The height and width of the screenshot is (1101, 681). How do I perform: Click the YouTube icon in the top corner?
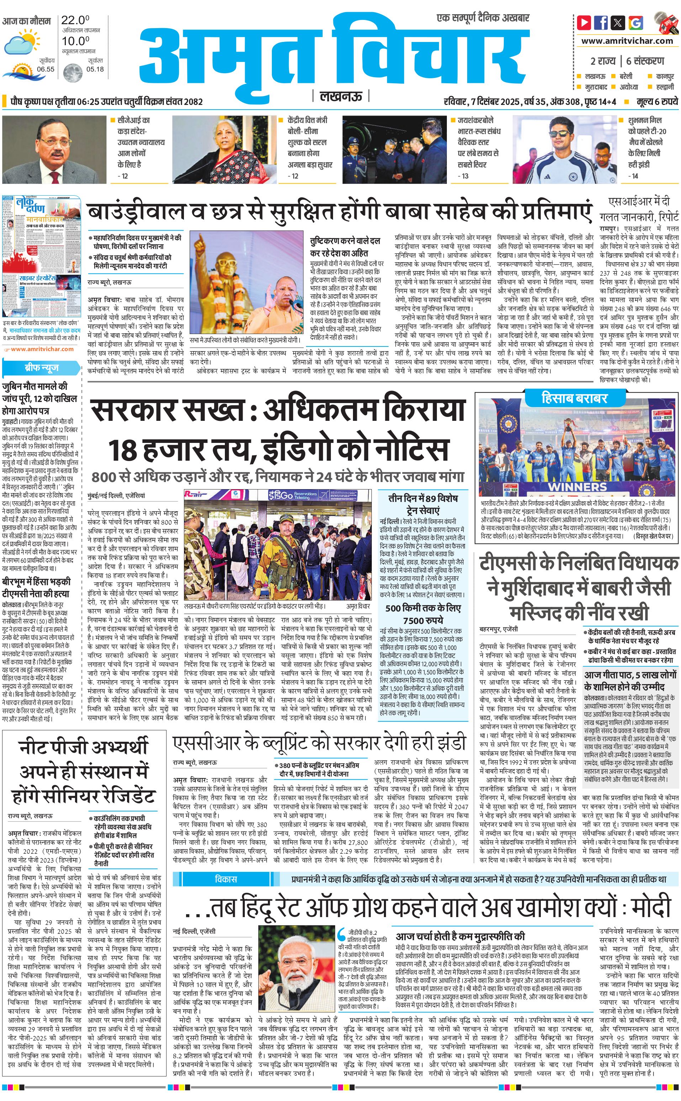584,22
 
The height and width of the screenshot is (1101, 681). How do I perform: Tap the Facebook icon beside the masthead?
601,22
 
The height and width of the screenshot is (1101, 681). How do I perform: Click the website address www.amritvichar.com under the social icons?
627,41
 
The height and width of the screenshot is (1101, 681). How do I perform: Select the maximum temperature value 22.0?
75,20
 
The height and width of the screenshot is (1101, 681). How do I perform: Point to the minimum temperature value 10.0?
75,41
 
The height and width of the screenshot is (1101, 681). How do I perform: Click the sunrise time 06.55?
46,69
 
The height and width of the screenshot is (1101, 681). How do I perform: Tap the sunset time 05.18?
95,69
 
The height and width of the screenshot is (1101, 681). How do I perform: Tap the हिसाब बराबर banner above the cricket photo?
574,398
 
